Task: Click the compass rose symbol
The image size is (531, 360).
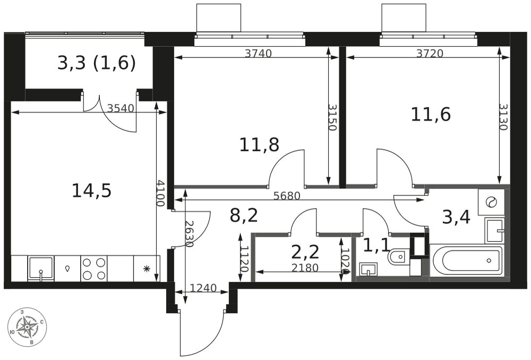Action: click(27, 328)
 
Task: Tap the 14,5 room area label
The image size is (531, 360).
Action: click(91, 191)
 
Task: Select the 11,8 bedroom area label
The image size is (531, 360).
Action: click(259, 145)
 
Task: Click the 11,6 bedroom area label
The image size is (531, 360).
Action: click(431, 114)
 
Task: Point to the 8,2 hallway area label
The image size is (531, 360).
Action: click(244, 216)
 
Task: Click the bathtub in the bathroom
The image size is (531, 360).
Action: click(466, 260)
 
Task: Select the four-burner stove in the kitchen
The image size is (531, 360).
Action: click(94, 268)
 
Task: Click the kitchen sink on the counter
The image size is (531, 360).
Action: click(41, 269)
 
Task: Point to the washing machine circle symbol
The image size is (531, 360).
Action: click(490, 202)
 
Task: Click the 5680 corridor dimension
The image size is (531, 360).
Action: click(287, 196)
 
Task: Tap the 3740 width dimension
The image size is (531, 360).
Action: click(258, 53)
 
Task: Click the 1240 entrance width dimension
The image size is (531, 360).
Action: click(203, 288)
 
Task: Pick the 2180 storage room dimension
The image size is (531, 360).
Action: click(305, 268)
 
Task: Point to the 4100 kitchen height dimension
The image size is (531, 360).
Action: click(160, 193)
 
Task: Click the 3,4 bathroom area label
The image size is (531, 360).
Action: click(456, 217)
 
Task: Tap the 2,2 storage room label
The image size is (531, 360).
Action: click(305, 252)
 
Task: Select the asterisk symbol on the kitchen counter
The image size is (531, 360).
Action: click(147, 269)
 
